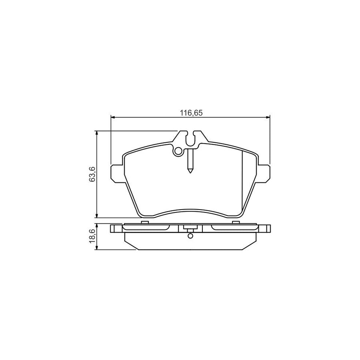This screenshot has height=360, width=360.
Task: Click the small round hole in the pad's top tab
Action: click(x=178, y=151)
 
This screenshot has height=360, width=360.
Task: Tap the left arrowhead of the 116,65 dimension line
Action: click(x=112, y=117)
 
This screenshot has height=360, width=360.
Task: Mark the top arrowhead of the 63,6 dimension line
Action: click(x=97, y=132)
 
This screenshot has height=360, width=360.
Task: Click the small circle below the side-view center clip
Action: click(x=190, y=235)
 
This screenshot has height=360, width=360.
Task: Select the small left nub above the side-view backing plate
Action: click(x=145, y=222)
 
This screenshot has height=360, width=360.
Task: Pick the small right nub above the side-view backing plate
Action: click(x=236, y=222)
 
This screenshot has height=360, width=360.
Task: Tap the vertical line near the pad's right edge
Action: click(x=243, y=180)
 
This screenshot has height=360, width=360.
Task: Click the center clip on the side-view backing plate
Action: click(x=190, y=228)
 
